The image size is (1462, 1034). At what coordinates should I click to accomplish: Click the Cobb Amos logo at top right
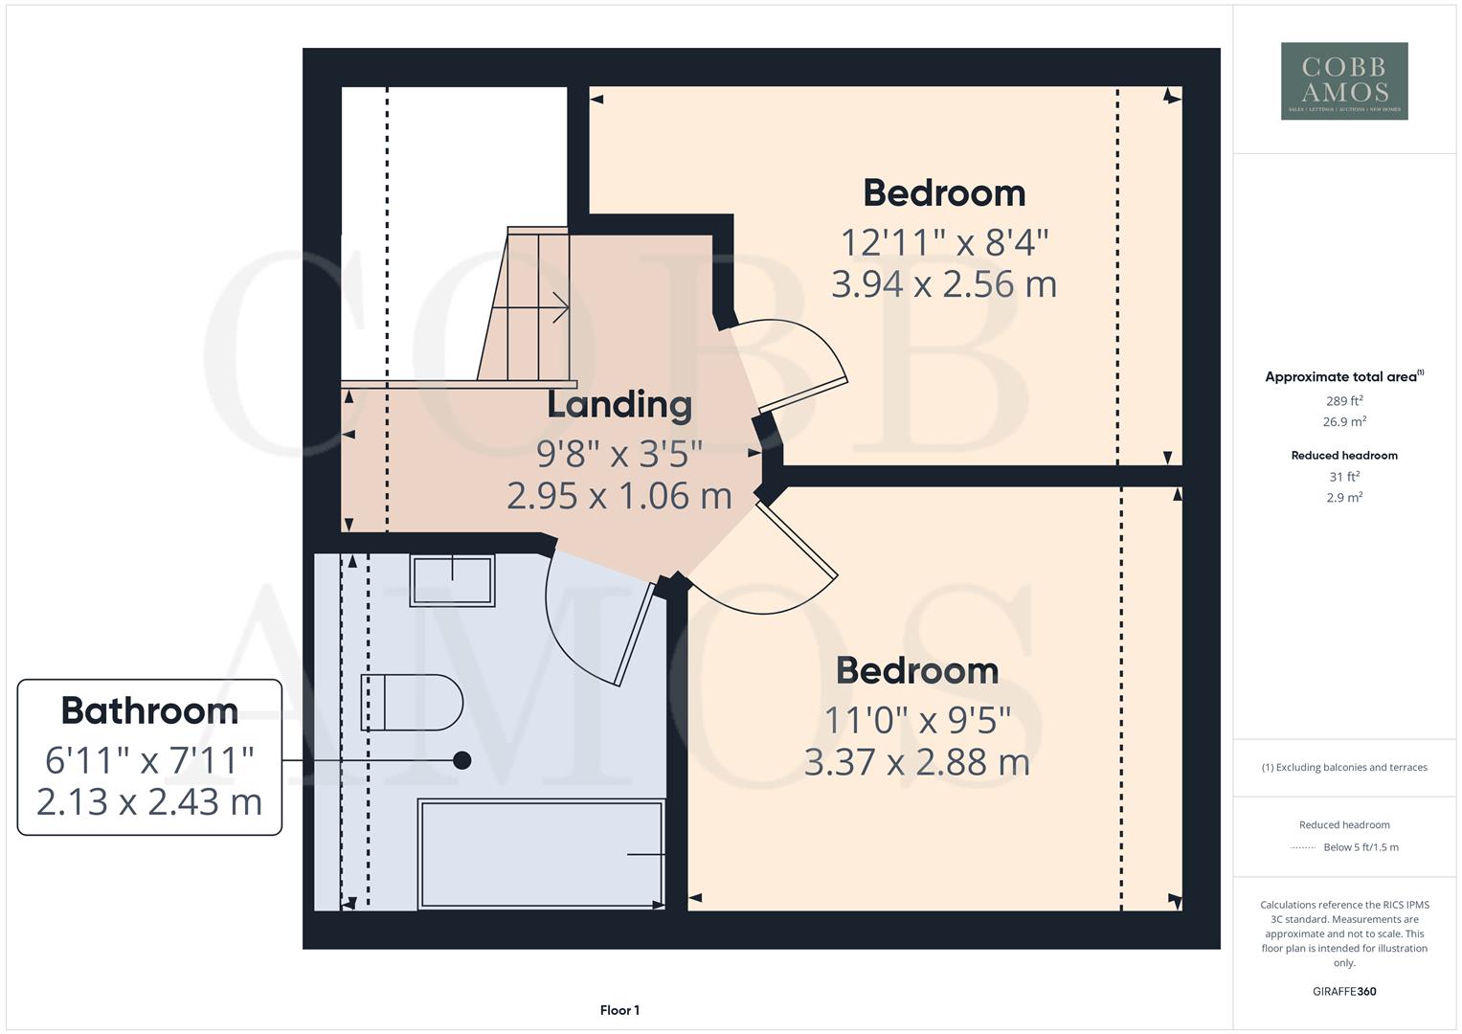(x=1343, y=80)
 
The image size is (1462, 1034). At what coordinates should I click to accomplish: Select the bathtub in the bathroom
(x=541, y=854)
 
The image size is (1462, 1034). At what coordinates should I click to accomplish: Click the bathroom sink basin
(x=452, y=580)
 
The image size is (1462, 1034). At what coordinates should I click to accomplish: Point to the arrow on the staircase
(x=560, y=308)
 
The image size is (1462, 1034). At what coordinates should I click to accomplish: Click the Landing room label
(x=619, y=404)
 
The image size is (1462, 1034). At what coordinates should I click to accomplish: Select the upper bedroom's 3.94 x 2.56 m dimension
(x=943, y=284)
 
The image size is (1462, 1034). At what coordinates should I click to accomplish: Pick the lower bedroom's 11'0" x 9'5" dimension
(x=917, y=719)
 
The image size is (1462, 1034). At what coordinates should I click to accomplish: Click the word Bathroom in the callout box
(x=149, y=710)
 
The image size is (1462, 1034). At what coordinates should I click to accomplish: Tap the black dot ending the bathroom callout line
(x=461, y=760)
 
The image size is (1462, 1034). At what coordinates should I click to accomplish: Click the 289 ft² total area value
(x=1343, y=401)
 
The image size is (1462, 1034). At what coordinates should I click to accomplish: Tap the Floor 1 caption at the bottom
(x=619, y=1010)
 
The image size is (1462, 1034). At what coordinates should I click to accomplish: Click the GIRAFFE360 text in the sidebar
(x=1343, y=991)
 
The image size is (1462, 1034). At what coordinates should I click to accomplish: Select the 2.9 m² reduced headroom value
(x=1343, y=497)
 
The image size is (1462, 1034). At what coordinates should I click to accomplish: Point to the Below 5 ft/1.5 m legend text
(x=1360, y=847)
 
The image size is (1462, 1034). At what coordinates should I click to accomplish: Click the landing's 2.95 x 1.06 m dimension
(x=619, y=496)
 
